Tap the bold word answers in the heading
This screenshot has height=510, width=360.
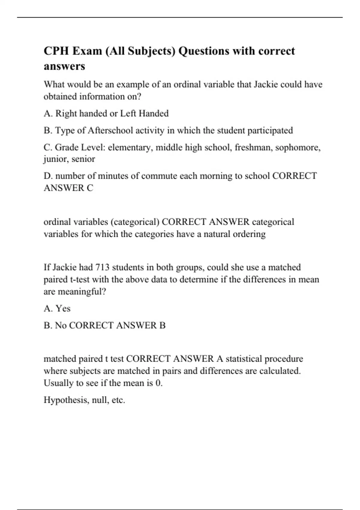coord(64,66)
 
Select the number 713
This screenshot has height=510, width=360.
coord(102,267)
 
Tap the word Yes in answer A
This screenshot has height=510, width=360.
coord(63,308)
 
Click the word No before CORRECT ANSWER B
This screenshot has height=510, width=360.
coord(61,325)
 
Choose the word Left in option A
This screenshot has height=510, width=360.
coord(128,113)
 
